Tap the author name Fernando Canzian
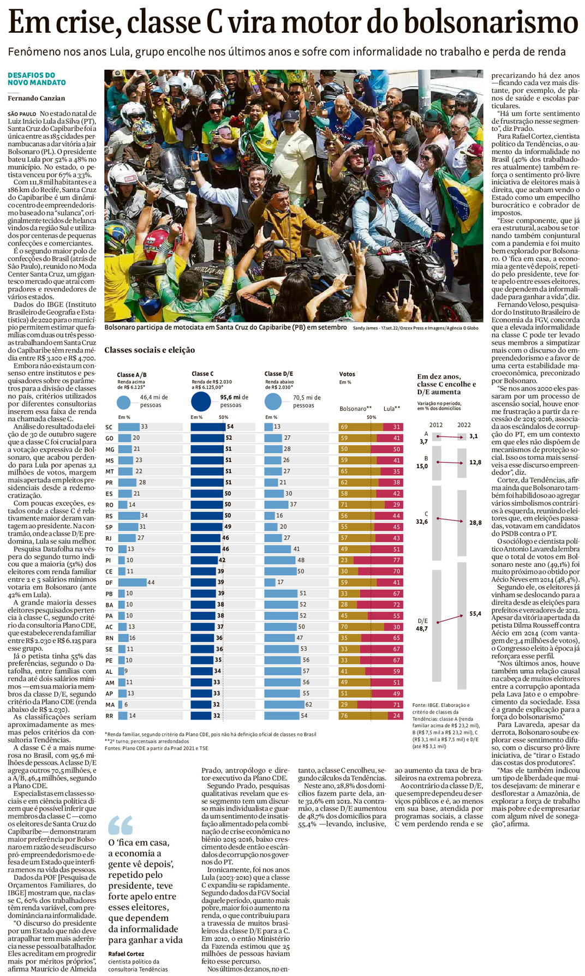(x=36, y=98)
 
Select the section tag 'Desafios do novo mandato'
(x=37, y=79)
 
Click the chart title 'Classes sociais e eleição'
(x=150, y=350)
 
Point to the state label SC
(x=109, y=427)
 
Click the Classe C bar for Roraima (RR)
(x=201, y=715)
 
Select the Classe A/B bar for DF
(x=132, y=582)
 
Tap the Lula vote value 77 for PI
(x=397, y=560)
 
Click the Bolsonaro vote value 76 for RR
(x=344, y=715)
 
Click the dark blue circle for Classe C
(x=201, y=401)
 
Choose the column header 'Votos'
(x=347, y=374)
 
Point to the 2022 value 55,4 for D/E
(x=475, y=614)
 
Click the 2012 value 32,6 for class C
(x=422, y=522)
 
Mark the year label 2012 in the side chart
(x=435, y=424)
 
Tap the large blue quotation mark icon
(x=120, y=824)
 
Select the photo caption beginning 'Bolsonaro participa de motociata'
(x=225, y=327)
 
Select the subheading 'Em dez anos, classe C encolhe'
(x=446, y=384)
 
